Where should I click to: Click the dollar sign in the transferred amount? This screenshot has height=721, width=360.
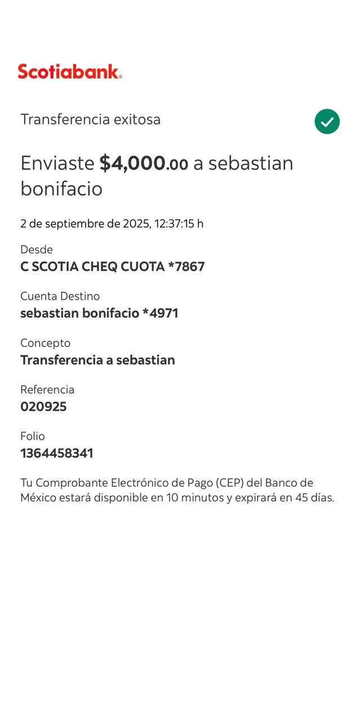[105, 163]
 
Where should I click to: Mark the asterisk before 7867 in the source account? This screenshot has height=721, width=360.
[171, 265]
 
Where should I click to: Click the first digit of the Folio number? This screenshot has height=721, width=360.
[23, 453]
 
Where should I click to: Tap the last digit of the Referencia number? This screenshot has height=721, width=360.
[63, 407]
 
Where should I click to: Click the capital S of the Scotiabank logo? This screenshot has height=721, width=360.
[24, 72]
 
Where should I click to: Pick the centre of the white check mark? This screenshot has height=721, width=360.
[327, 122]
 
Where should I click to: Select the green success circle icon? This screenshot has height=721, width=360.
[327, 122]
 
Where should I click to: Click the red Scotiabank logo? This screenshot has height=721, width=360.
[70, 71]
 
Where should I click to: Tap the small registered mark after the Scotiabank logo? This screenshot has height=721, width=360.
[121, 77]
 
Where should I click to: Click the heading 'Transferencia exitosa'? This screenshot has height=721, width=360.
[91, 119]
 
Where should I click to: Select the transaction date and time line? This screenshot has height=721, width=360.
[112, 224]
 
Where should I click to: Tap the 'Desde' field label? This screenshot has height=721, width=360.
[37, 250]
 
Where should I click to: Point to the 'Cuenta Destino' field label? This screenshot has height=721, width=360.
[60, 296]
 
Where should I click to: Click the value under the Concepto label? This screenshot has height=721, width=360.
[97, 360]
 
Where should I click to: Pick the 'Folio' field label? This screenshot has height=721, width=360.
[33, 436]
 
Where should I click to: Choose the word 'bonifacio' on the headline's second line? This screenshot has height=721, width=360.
[61, 189]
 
